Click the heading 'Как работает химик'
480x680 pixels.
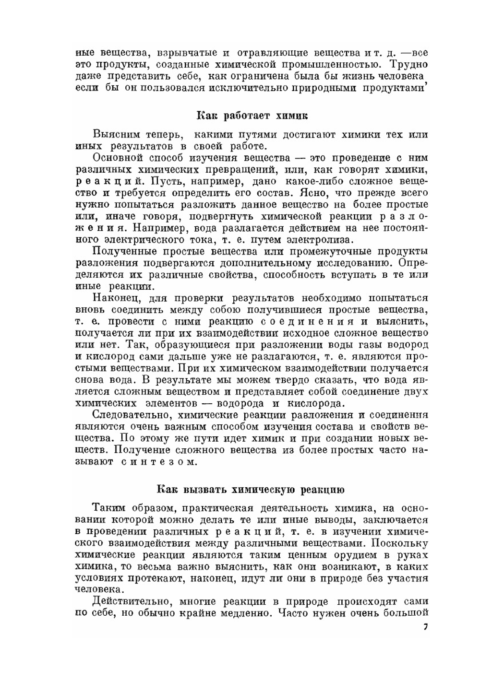coord(252,116)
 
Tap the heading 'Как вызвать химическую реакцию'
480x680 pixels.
coord(251,490)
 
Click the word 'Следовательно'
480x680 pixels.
coord(126,415)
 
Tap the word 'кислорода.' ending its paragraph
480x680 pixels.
coord(316,403)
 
